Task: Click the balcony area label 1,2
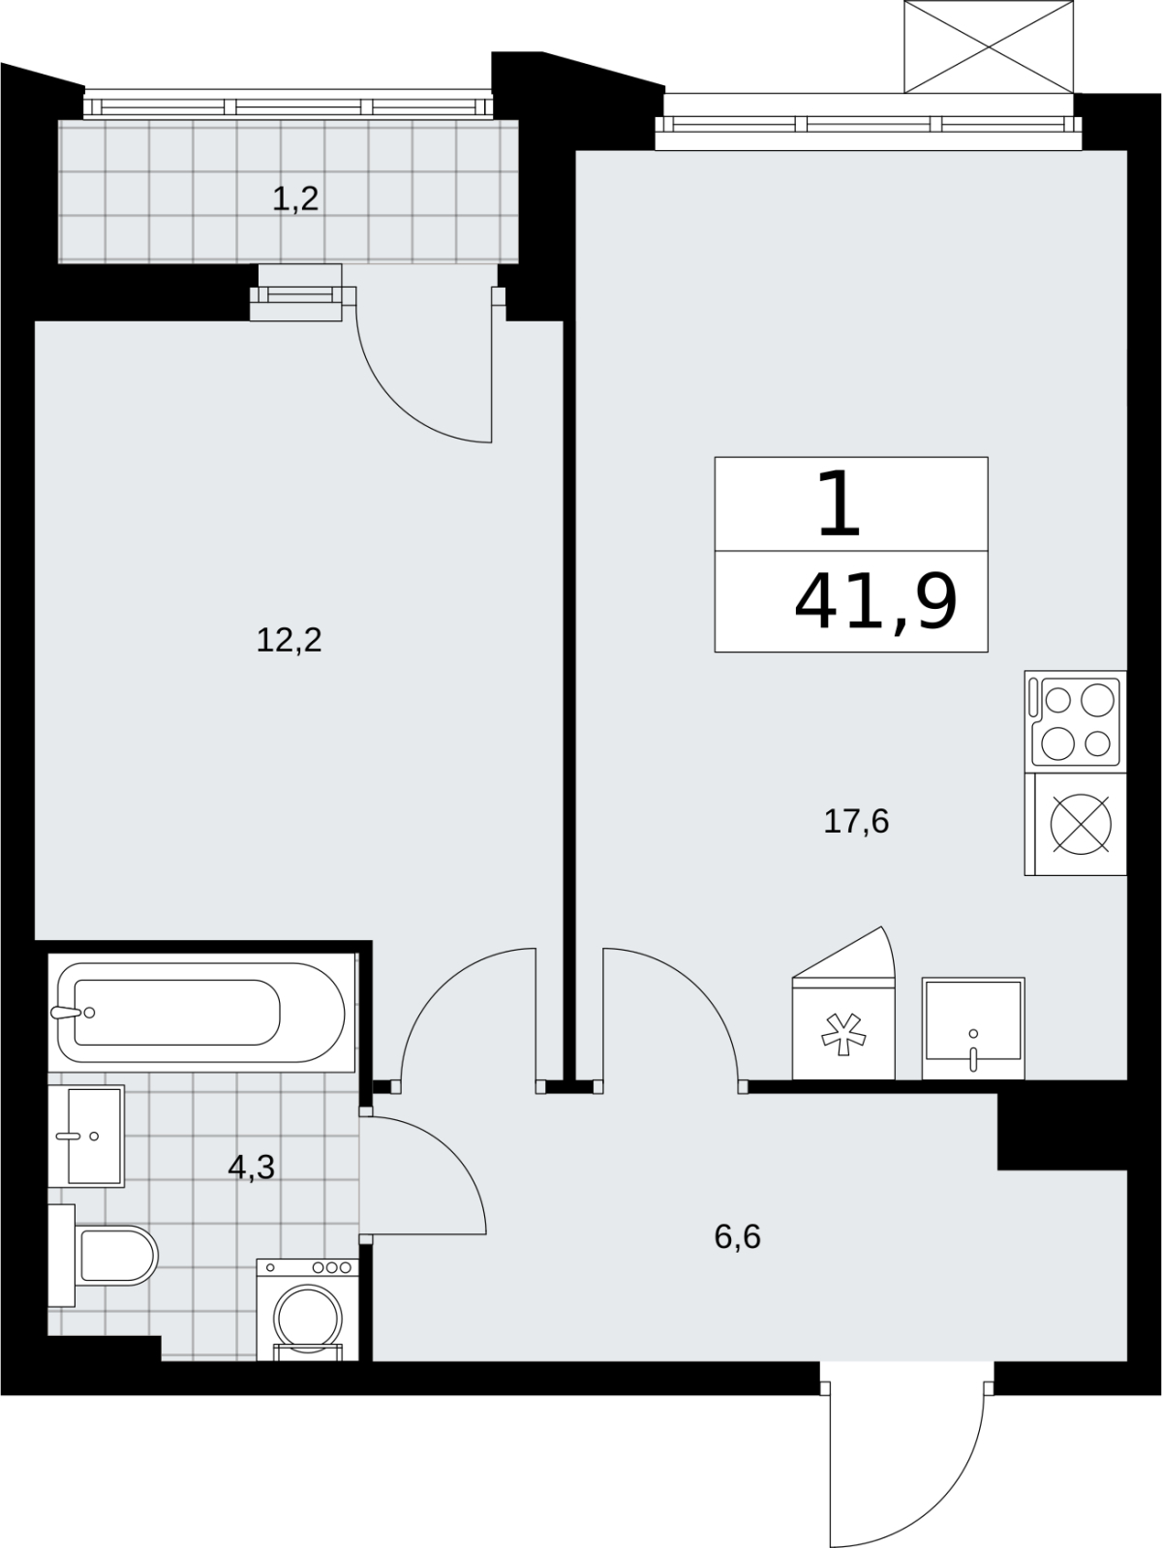(295, 200)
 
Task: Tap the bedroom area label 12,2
(290, 640)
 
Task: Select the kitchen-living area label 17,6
(856, 822)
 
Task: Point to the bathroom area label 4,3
(251, 1167)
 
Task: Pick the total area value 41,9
(875, 601)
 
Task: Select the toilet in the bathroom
(103, 1255)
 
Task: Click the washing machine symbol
(307, 1310)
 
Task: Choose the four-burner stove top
(1075, 721)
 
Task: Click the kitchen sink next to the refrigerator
(973, 1027)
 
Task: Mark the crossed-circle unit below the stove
(1075, 825)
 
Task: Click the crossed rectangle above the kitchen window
(990, 46)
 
